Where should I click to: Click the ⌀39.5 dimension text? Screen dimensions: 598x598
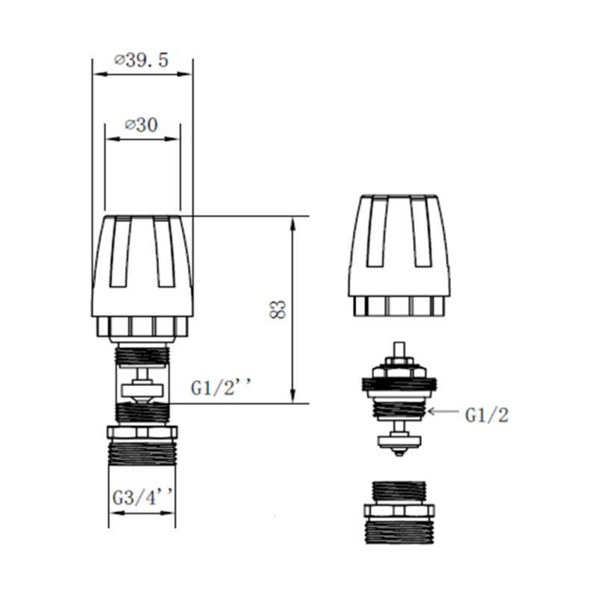[142, 62]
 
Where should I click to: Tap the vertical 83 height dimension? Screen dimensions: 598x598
[278, 309]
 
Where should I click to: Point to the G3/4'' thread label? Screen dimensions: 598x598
[142, 496]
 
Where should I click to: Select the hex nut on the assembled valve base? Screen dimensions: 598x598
[142, 432]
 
